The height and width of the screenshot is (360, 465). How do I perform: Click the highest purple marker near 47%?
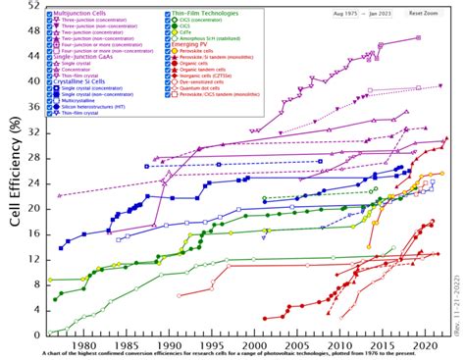coord(419,37)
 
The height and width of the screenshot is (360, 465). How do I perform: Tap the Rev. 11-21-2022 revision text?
coord(458,303)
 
